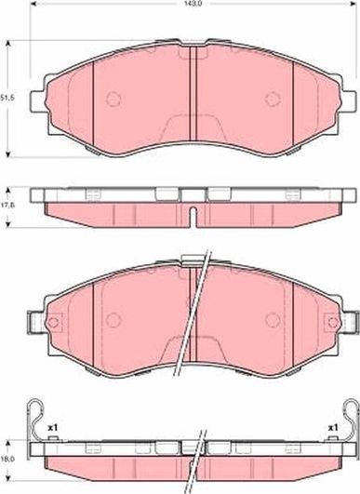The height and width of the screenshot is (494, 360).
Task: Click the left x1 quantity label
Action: pos(53,428)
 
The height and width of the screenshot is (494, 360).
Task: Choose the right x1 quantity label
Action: pos(332,428)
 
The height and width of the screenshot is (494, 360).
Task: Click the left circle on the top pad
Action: pos(113,100)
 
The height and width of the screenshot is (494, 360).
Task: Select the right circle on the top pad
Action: pos(273,100)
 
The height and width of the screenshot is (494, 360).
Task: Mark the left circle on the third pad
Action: pos(113,319)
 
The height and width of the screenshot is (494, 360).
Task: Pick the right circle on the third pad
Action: pos(272,319)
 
